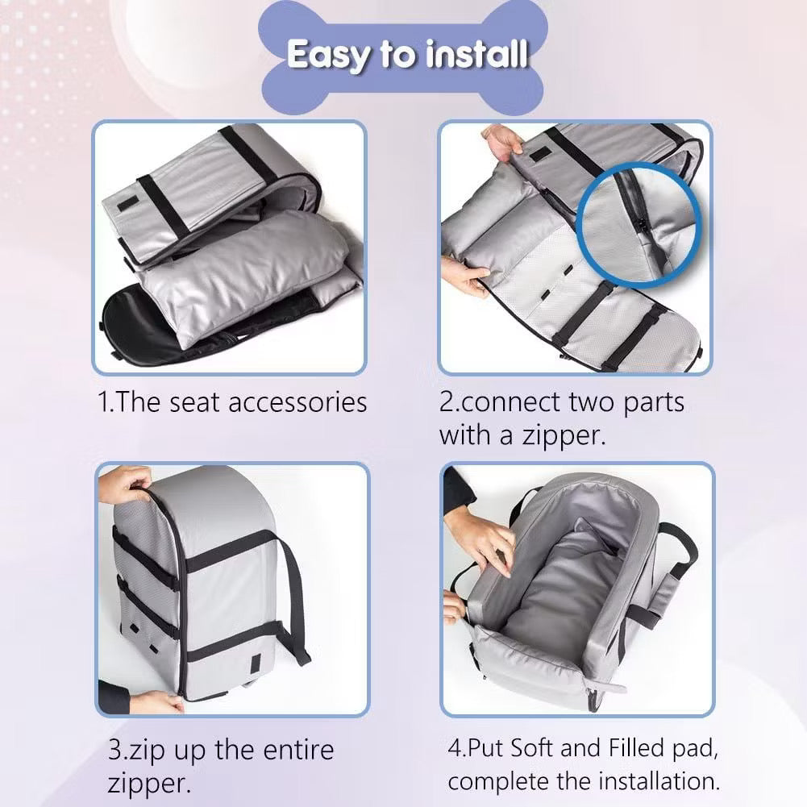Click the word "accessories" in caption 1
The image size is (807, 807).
[x=297, y=402]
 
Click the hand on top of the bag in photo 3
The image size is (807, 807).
[x=124, y=484]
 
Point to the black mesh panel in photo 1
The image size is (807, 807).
[x=145, y=322]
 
